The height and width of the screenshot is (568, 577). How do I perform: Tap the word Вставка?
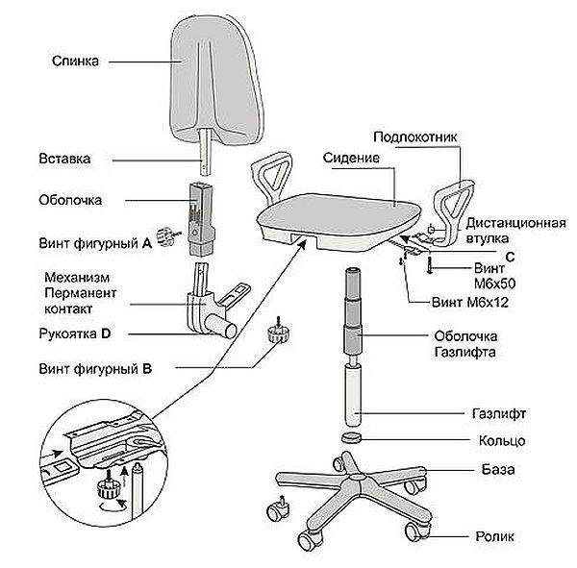[65, 157]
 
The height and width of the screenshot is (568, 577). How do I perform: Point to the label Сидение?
[351, 156]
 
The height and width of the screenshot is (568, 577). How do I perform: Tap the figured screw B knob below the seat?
[277, 333]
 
